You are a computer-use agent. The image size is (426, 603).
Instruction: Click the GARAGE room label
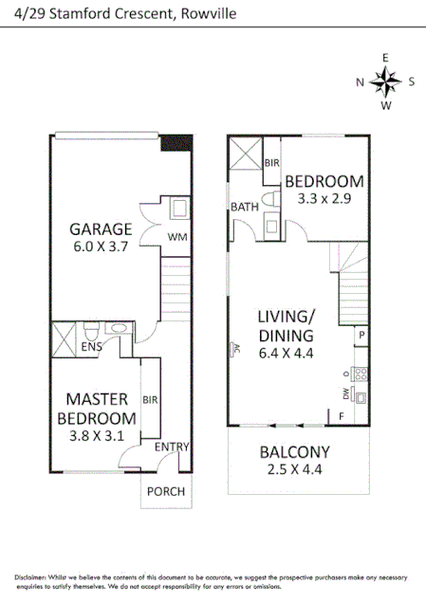[99, 228]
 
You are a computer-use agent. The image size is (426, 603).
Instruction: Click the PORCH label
[164, 491]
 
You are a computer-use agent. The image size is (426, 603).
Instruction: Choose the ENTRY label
[173, 448]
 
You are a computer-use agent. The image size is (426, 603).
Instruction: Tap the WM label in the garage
[176, 236]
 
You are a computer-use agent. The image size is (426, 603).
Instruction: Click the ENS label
[91, 348]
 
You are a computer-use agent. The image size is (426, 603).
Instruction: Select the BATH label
[244, 207]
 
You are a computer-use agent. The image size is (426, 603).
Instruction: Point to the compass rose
[385, 82]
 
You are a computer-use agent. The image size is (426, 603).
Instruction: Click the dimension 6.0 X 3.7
[99, 246]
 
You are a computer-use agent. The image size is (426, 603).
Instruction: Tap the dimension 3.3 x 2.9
[324, 199]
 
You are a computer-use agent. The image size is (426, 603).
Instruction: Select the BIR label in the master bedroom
[149, 399]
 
